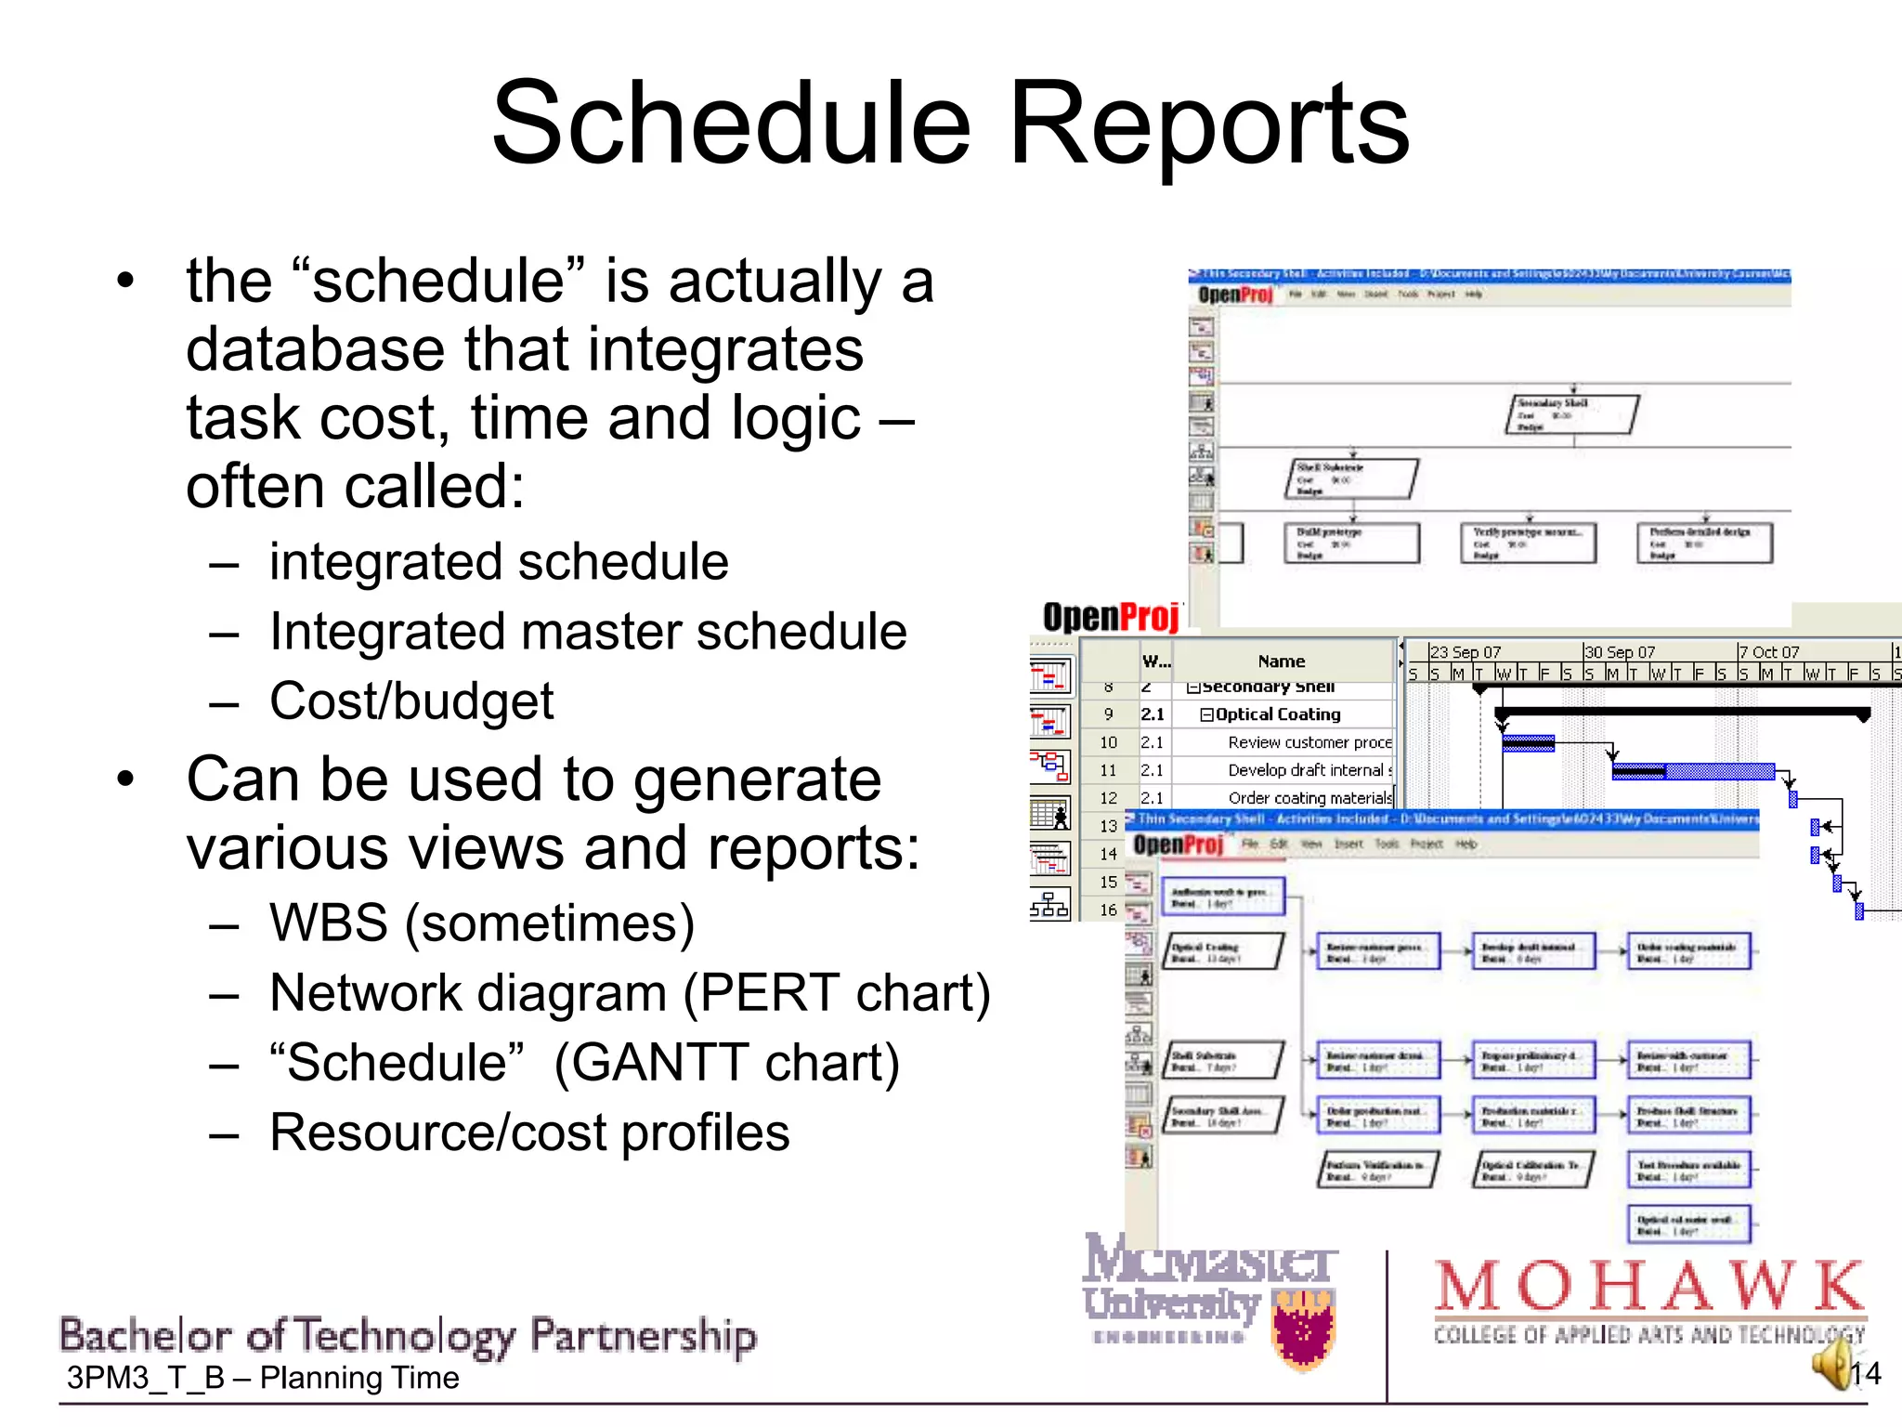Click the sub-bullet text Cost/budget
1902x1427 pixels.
click(x=411, y=701)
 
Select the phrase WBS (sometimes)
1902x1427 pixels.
click(x=481, y=923)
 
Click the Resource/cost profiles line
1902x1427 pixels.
click(x=529, y=1132)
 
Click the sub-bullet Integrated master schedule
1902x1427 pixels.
click(x=587, y=632)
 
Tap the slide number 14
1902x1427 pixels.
click(x=1865, y=1374)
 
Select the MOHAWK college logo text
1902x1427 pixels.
click(x=1649, y=1287)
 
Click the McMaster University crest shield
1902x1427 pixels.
click(x=1305, y=1330)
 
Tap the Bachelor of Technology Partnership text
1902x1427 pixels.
click(x=408, y=1336)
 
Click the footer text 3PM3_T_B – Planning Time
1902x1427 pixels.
click(x=263, y=1378)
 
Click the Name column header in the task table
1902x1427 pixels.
click(x=1281, y=661)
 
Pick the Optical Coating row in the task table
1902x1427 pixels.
click(x=1278, y=714)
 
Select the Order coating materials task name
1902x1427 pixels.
click(x=1309, y=798)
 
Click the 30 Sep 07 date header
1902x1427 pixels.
click(x=1620, y=652)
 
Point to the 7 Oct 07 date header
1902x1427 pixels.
click(x=1769, y=652)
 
